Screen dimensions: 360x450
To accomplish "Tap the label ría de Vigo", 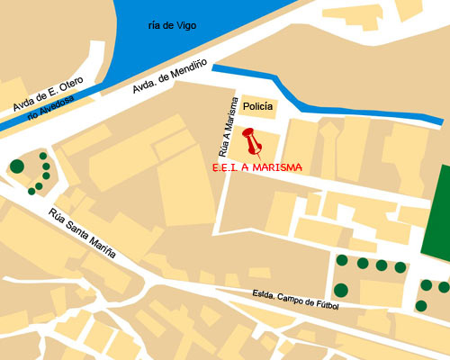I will coord(172,25).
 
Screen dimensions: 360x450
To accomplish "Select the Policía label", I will coord(258,106).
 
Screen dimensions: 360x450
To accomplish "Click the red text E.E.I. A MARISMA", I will coord(256,167).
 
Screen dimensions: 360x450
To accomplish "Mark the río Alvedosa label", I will coord(50,109).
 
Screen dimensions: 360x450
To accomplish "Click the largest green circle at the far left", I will coord(16,166).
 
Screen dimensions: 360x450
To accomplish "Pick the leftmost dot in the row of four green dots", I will coord(342,261).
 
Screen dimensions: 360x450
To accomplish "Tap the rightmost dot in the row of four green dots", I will coord(400,266).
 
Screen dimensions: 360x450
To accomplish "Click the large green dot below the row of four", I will coord(341,290).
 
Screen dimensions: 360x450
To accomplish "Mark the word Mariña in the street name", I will coord(102,245).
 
